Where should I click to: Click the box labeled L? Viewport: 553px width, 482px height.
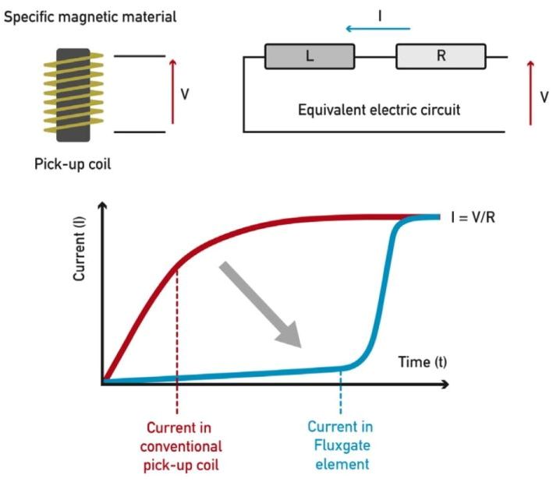tap(310, 57)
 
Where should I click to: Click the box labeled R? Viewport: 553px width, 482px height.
tap(441, 57)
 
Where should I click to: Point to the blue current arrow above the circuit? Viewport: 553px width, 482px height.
tap(378, 29)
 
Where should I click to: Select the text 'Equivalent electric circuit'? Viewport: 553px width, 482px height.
tap(379, 110)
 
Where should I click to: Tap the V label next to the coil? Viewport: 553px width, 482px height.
tap(185, 94)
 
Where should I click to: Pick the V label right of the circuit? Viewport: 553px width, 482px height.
tap(544, 98)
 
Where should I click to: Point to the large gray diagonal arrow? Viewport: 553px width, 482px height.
tap(261, 304)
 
